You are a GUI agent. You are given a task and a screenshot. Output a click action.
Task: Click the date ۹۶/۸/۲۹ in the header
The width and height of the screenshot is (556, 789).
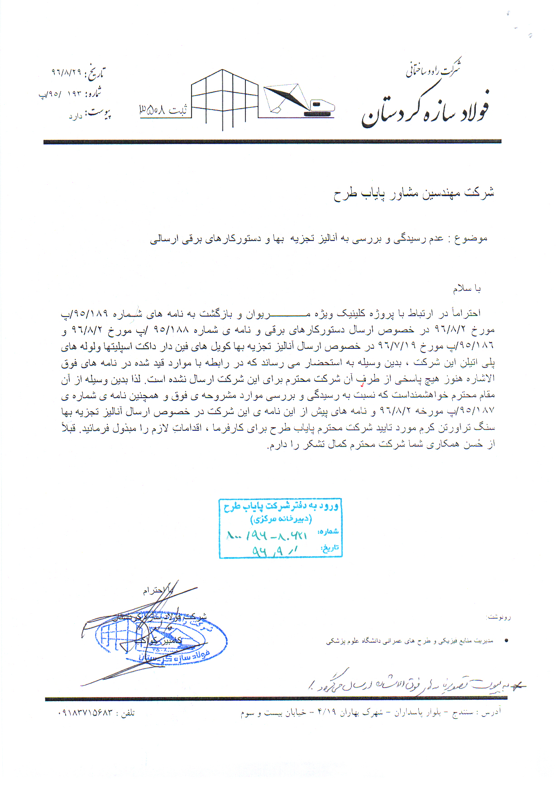pos(66,72)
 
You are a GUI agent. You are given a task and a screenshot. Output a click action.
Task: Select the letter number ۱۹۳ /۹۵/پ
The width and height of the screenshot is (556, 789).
pos(62,94)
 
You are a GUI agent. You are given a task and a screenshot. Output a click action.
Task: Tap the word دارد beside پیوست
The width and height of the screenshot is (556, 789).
pos(75,117)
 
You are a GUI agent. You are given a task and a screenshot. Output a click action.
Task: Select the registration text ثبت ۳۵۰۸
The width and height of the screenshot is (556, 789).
pos(163,110)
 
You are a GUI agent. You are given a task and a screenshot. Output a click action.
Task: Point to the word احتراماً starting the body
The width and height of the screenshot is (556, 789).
pos(465,313)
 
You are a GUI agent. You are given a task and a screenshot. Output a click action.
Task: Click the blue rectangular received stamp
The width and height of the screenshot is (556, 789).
pos(280,528)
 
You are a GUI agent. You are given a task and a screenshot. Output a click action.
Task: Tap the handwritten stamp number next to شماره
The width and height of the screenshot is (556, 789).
pos(267,536)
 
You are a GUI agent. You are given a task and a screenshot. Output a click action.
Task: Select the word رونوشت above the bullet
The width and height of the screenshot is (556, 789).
pos(499,617)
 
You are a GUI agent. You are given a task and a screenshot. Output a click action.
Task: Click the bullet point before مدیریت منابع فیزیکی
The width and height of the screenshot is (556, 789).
pos(506,641)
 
